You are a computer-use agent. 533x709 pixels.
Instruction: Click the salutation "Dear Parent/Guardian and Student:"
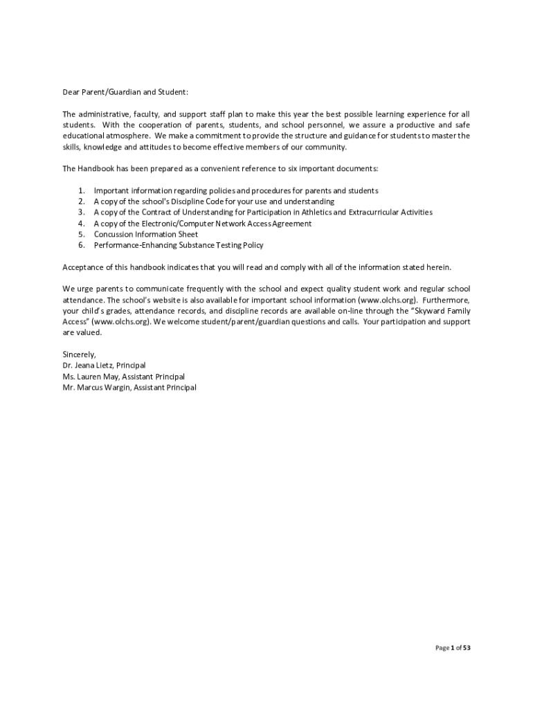125,92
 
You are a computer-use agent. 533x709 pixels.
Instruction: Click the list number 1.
81,190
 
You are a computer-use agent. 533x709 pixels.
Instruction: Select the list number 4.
81,224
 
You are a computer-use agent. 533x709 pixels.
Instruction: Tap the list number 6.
81,245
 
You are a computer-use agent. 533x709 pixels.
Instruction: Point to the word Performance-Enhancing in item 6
136,245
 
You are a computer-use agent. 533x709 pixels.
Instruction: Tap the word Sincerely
79,354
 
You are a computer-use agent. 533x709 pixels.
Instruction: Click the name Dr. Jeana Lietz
87,366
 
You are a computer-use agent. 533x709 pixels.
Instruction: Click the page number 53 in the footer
467,648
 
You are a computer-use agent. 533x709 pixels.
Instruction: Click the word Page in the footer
442,648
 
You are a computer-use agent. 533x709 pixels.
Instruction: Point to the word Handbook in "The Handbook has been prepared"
97,168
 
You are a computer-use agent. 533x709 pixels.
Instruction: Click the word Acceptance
85,267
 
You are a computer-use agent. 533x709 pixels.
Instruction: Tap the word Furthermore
446,300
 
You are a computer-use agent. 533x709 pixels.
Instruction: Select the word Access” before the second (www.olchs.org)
75,322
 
